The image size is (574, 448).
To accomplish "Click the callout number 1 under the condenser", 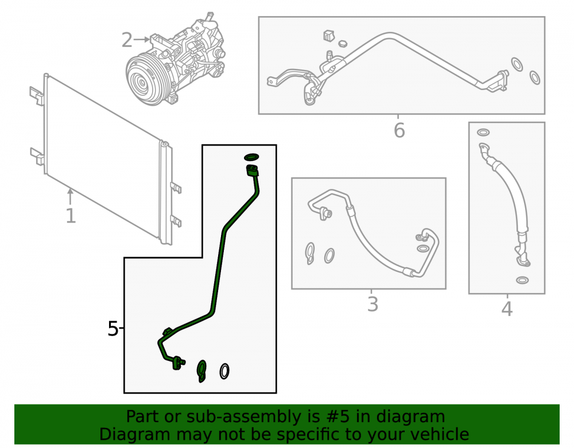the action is coord(71,216).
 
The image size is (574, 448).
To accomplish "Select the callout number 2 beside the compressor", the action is coord(127,40).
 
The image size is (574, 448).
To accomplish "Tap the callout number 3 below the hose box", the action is coord(373,304).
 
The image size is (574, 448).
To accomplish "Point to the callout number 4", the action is coord(507,309).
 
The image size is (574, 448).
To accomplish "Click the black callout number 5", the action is coord(113,329).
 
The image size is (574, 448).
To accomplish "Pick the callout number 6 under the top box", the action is coord(400,131).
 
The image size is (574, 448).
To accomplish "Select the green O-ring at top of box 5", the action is coord(251,157).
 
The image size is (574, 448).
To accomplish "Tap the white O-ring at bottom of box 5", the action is coord(224,371).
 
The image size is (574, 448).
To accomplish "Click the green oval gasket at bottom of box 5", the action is coord(201,371).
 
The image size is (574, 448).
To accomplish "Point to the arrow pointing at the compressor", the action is coord(142,40).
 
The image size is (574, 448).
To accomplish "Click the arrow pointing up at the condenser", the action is coord(70,197).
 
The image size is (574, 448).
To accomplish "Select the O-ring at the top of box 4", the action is coord(483,132).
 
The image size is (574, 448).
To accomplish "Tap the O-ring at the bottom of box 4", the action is coord(522,280).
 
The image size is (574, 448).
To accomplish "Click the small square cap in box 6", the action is coord(329,36).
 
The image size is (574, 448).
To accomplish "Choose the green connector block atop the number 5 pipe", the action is coord(253,170).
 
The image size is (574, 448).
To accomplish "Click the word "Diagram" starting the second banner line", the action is coord(134,434).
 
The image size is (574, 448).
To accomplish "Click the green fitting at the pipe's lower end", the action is coord(177,363).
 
